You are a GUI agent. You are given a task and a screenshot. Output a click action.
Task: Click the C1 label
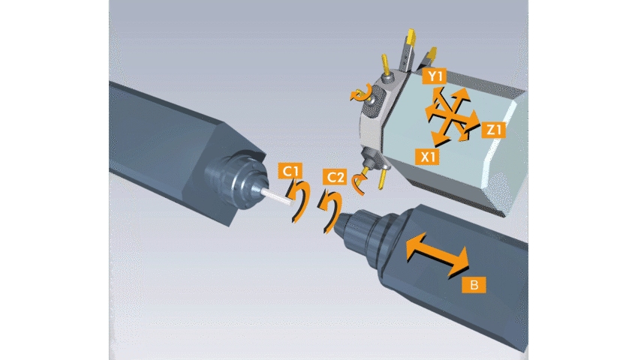(x=290, y=171)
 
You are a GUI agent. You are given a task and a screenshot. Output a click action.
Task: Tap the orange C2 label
(x=335, y=177)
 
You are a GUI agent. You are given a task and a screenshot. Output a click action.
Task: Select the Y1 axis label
(x=434, y=76)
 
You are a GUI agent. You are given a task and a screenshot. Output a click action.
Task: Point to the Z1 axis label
(x=493, y=130)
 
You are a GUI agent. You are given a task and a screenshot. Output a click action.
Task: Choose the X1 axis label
(x=427, y=157)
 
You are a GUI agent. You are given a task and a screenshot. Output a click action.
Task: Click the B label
(x=474, y=285)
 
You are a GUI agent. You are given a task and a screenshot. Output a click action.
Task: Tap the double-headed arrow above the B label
(x=438, y=254)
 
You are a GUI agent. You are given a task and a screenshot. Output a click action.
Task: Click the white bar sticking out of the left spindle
(x=277, y=196)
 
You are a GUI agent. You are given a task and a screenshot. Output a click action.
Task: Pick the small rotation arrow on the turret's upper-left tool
(x=361, y=94)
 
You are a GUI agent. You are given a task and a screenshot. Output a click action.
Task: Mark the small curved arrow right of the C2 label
(x=359, y=183)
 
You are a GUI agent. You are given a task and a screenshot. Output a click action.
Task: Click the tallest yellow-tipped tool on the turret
(x=408, y=49)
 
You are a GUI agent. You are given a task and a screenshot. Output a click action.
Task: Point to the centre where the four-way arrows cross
(x=451, y=117)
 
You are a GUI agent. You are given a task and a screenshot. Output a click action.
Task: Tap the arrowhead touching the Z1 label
(x=472, y=121)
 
